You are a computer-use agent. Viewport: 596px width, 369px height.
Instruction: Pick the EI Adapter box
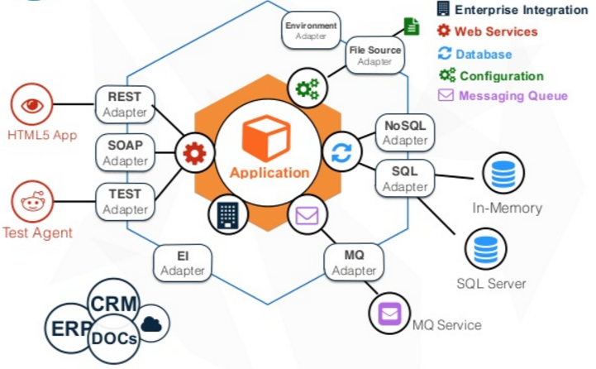[183, 263]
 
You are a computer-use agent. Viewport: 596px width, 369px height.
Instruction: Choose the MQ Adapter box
[354, 263]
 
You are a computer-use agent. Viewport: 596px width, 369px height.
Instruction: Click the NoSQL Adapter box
[405, 132]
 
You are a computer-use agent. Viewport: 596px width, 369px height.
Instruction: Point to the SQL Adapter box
[405, 178]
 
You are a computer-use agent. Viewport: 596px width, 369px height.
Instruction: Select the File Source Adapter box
[374, 55]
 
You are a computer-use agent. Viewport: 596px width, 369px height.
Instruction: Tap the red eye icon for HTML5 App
[32, 105]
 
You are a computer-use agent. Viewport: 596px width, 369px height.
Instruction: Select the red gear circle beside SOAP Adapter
[194, 153]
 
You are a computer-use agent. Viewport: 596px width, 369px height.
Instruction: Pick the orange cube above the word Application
[266, 138]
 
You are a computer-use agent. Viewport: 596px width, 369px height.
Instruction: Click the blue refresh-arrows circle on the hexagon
[341, 152]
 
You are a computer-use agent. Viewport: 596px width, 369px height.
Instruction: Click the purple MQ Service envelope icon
[389, 314]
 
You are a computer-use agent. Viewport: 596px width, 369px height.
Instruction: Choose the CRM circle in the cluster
[113, 304]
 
